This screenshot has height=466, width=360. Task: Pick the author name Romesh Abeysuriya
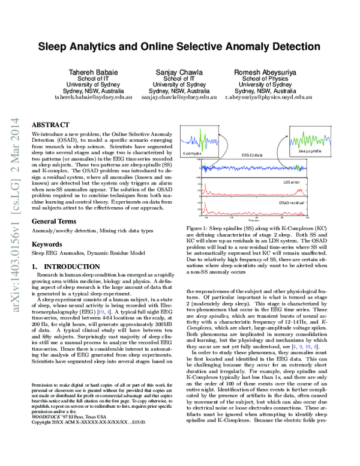[x=266, y=71]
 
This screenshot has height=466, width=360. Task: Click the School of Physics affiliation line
[x=266, y=78]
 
